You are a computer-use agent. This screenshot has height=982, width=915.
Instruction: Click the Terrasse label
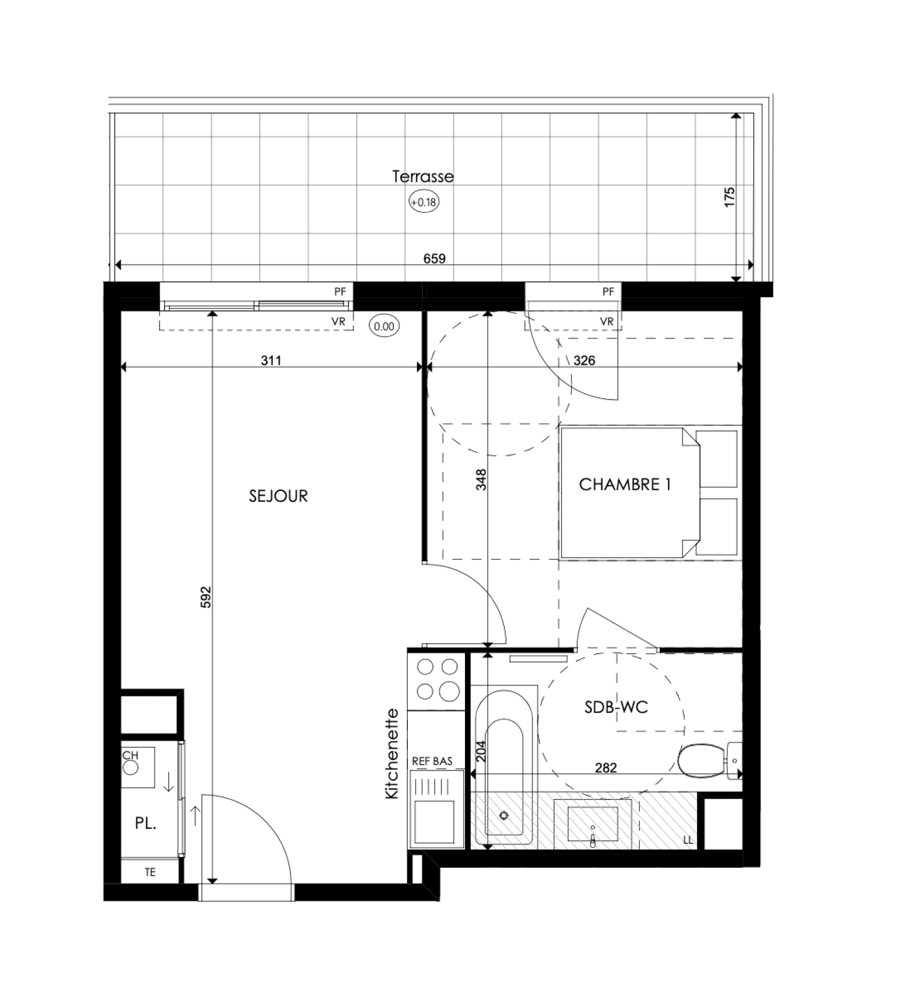click(423, 177)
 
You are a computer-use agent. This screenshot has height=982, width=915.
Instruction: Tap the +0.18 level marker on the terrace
click(424, 202)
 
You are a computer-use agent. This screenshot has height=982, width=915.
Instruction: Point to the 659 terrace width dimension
click(435, 259)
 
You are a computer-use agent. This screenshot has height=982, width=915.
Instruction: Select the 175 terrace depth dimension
click(729, 197)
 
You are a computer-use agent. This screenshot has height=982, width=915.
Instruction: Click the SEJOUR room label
click(279, 496)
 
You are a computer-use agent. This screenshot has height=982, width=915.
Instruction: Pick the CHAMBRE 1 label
click(624, 485)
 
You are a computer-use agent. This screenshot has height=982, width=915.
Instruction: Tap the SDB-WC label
click(616, 707)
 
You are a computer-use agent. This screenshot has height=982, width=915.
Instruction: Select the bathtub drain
click(504, 816)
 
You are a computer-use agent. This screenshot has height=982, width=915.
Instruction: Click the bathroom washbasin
click(593, 824)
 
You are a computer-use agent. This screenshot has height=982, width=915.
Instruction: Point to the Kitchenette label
click(392, 754)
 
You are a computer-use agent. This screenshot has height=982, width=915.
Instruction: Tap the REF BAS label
click(432, 761)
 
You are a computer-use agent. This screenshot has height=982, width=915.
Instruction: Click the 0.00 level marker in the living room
click(384, 326)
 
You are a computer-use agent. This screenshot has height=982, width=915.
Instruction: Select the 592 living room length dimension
click(206, 597)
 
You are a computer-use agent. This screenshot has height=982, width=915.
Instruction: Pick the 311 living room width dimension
click(271, 361)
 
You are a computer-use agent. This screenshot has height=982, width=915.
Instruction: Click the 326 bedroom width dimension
click(584, 361)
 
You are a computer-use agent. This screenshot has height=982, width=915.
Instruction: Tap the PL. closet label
click(146, 824)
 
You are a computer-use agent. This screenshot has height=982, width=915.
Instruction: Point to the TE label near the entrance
click(150, 872)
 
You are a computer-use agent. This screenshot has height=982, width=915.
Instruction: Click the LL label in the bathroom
click(688, 840)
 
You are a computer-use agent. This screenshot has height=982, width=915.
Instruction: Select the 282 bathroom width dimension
click(606, 768)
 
